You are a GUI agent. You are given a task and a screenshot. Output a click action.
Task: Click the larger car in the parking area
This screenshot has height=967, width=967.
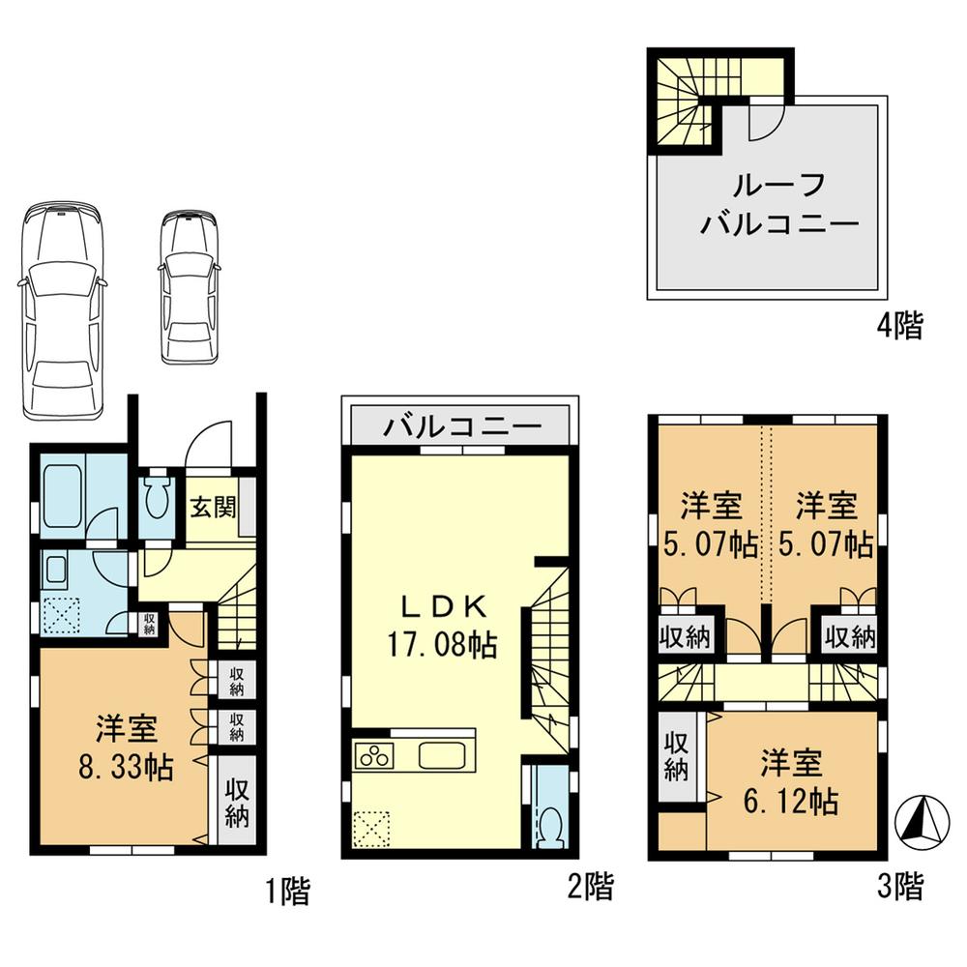[x=62, y=309]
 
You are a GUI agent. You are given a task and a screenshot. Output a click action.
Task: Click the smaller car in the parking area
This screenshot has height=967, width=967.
[x=190, y=286]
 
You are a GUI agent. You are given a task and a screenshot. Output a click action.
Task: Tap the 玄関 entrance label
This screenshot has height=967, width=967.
[x=212, y=506]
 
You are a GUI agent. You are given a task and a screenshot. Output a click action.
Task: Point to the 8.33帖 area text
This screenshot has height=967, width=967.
[x=126, y=768]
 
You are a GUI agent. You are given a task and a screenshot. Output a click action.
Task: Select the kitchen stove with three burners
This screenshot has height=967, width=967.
[x=374, y=755]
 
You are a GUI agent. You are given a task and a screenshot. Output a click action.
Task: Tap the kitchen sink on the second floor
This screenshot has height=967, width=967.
[x=444, y=754]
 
